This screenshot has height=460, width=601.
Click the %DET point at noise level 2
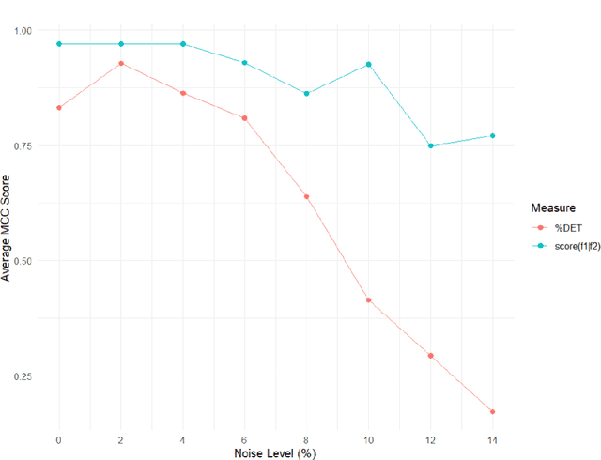pos(121,63)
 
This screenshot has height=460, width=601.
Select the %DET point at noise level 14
pos(492,411)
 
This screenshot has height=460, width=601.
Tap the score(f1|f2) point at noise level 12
pos(431,146)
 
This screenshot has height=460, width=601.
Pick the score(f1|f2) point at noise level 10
pos(368,64)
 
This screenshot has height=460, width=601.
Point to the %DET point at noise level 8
pos(306,196)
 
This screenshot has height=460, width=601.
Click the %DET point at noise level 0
pos(59,108)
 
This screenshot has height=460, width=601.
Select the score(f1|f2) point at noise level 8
pos(306,93)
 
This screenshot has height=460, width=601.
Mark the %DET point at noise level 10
pos(368,300)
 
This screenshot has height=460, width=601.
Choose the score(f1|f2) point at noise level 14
pos(492,135)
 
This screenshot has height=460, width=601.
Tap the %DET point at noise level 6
pos(244,118)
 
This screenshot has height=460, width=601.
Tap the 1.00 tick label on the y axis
pos(22,31)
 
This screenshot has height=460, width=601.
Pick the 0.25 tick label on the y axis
pos(22,376)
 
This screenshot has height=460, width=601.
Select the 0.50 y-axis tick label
pos(22,261)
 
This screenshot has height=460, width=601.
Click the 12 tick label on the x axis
pos(430,437)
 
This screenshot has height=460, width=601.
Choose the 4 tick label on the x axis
pos(183,437)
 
